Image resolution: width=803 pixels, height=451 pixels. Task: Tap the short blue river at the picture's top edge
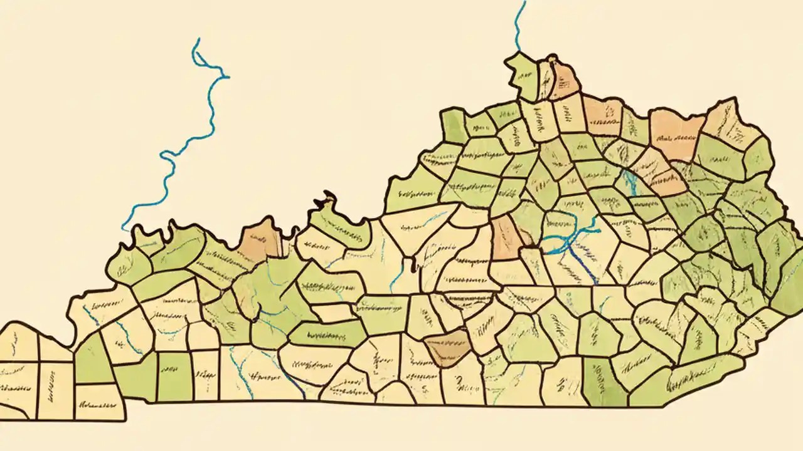[x=518, y=25]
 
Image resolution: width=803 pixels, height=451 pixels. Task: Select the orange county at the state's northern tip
[x=566, y=80]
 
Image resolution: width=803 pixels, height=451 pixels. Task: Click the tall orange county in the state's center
[x=506, y=238]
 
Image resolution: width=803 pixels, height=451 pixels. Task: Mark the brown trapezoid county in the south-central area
[x=447, y=348]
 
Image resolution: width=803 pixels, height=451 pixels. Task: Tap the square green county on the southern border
[x=174, y=376]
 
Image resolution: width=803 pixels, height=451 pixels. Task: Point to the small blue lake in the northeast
[x=630, y=182]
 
